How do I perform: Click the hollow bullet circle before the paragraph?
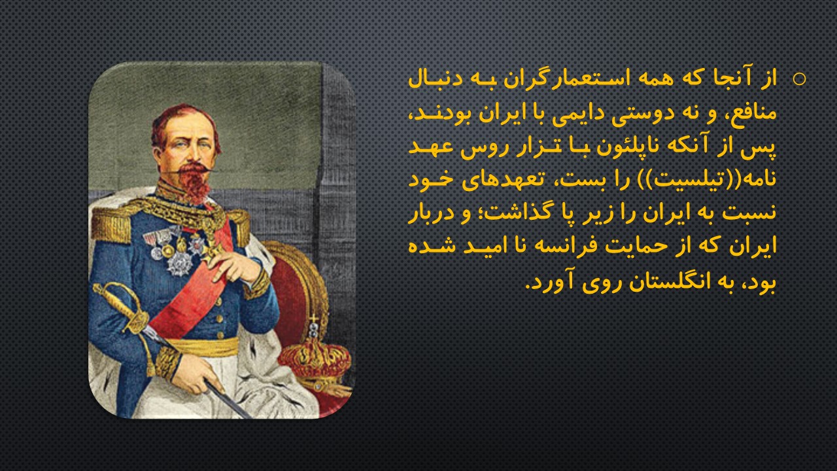[799, 79]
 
